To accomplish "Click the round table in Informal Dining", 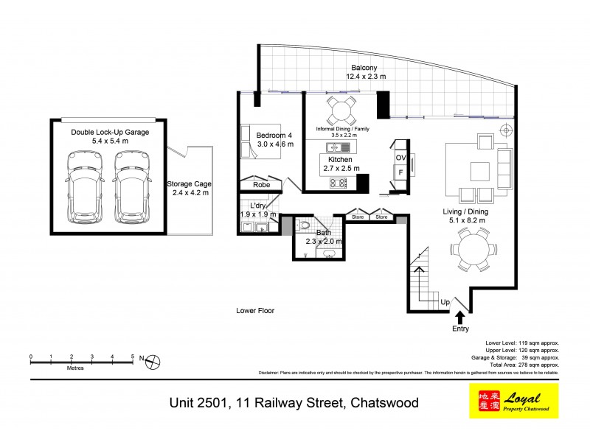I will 341,112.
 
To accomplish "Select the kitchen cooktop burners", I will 339,182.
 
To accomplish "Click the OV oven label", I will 401,158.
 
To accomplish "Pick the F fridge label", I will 401,172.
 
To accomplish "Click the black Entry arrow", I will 460,318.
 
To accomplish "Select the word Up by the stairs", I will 445,303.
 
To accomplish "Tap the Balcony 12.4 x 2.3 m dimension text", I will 366,76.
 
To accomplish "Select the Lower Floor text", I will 255,311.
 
